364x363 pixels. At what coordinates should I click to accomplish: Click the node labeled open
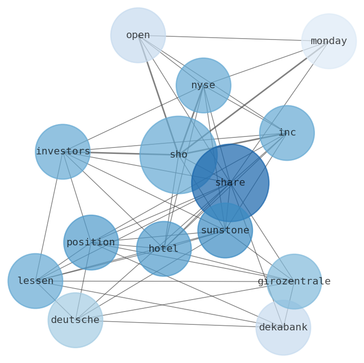coord(138,35)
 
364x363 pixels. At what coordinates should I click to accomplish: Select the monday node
coord(329,41)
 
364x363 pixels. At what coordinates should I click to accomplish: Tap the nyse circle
coord(203,85)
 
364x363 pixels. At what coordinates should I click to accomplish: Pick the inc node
coord(287,133)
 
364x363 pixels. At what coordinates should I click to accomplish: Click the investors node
coord(62,152)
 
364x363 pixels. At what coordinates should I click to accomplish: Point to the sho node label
coord(178,155)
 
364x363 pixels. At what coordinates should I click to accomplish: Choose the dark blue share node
coord(230,183)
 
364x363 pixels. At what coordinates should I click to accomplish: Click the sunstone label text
coord(225,230)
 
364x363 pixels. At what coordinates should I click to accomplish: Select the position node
coord(91,243)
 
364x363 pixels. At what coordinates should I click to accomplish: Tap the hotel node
coord(164,249)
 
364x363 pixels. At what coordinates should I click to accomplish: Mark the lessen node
coord(35,281)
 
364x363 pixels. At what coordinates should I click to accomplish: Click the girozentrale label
coord(294,281)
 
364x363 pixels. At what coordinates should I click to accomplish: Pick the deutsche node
coord(75,320)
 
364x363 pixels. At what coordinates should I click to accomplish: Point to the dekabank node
coord(283,328)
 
